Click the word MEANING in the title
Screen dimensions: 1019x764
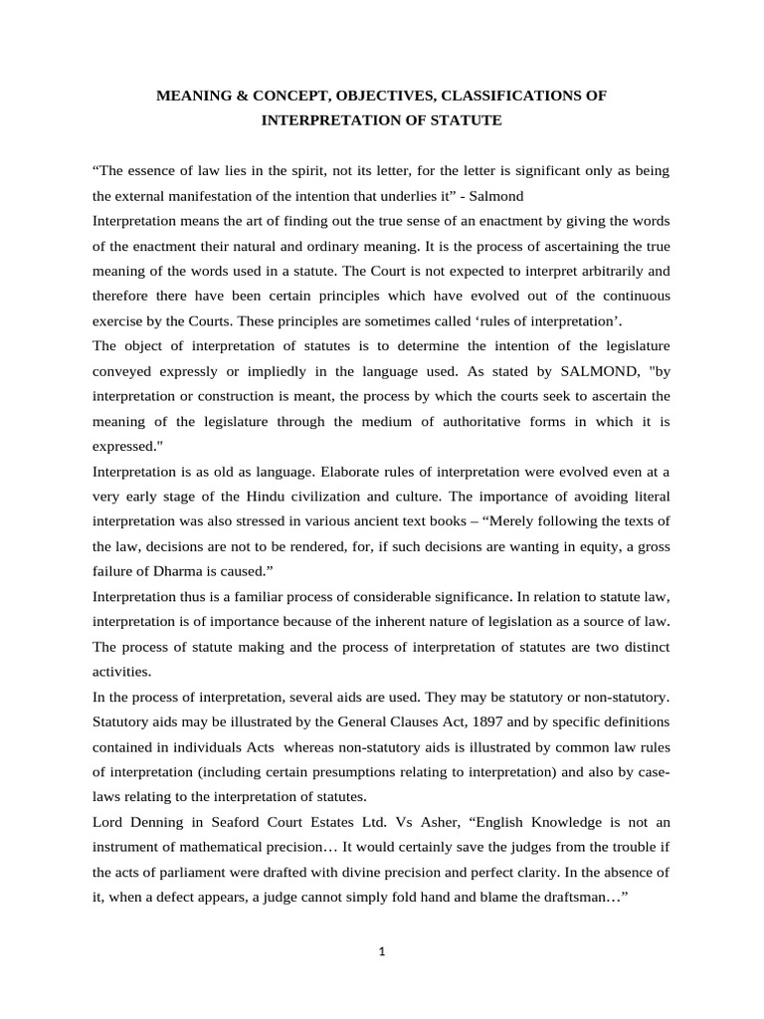pos(197,96)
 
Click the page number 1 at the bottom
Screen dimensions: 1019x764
pos(382,951)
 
